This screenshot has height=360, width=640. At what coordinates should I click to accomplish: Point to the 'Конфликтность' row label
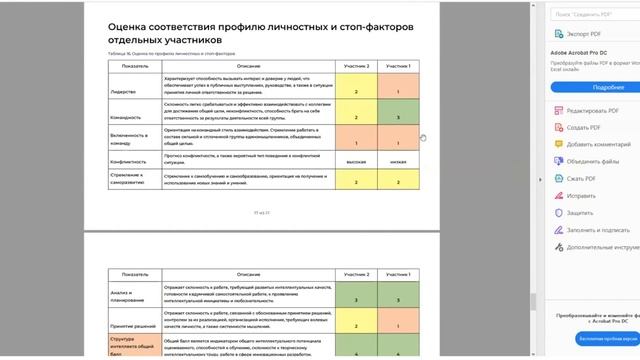(x=131, y=160)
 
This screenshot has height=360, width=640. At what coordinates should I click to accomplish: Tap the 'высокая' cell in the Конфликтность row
(x=356, y=160)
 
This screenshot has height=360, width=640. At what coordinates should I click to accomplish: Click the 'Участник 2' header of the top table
(x=356, y=65)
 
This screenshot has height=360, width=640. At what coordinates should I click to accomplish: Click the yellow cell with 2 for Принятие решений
(x=356, y=326)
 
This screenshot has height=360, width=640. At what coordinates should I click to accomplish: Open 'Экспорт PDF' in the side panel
(x=577, y=33)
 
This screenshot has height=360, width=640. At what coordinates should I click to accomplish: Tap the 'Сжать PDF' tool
(x=580, y=177)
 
